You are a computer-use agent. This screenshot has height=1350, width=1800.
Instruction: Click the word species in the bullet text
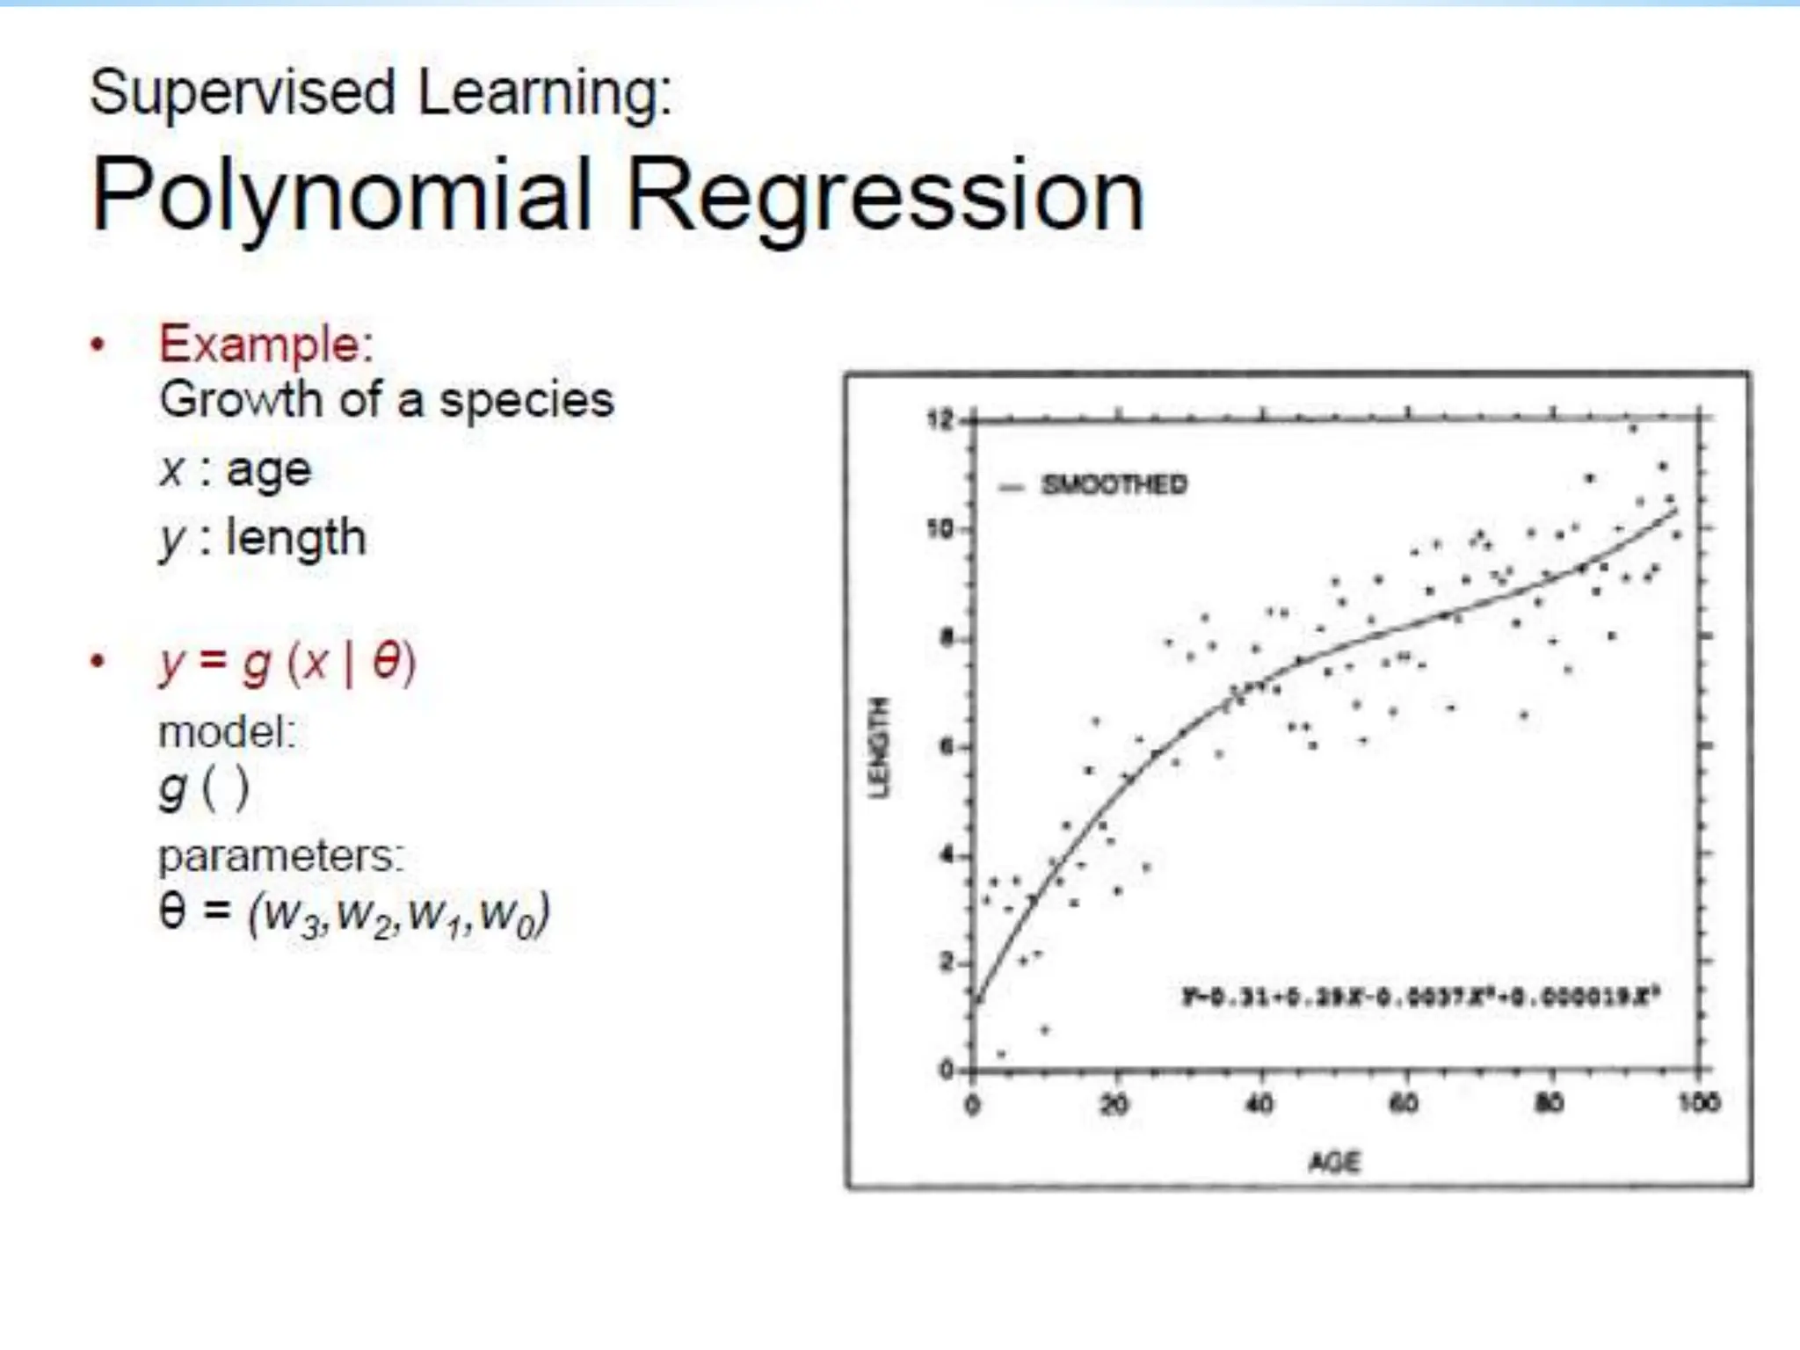click(x=526, y=401)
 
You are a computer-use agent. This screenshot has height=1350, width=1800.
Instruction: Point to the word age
click(x=268, y=471)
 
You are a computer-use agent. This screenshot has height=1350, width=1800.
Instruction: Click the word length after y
click(x=295, y=538)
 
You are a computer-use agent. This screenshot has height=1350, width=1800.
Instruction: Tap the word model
click(x=227, y=732)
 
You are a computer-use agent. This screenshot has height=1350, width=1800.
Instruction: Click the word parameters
click(x=280, y=855)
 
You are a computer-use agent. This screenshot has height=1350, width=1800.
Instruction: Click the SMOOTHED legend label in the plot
click(x=1114, y=484)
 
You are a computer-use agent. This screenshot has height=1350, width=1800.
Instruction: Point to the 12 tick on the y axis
click(x=939, y=420)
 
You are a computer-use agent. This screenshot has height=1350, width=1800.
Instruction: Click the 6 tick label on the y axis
click(x=946, y=747)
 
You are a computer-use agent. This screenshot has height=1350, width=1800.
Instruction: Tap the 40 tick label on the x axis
click(x=1259, y=1103)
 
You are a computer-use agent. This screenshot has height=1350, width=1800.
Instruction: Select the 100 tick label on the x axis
click(x=1698, y=1102)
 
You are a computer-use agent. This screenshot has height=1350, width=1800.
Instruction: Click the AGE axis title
click(x=1333, y=1163)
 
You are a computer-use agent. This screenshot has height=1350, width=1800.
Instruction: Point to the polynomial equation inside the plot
click(x=1419, y=997)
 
